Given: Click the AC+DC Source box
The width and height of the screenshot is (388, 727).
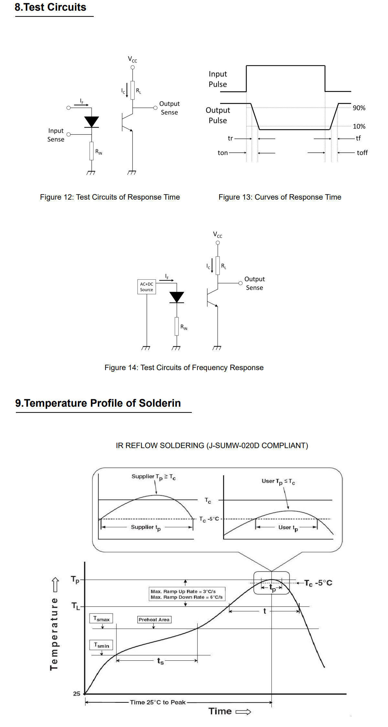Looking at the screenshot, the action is pyautogui.click(x=146, y=287).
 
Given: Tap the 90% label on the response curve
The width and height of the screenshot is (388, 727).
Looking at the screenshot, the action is pyautogui.click(x=359, y=108).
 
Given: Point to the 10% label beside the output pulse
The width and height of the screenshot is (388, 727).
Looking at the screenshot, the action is pyautogui.click(x=359, y=127).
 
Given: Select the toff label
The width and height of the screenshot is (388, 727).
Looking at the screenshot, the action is pyautogui.click(x=362, y=153).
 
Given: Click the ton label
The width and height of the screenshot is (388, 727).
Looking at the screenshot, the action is pyautogui.click(x=223, y=153).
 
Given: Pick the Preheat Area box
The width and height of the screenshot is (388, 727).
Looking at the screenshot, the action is pyautogui.click(x=154, y=620).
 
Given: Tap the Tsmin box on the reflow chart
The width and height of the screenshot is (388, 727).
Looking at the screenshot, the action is pyautogui.click(x=101, y=645).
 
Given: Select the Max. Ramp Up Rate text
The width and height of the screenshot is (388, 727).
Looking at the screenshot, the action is pyautogui.click(x=183, y=591).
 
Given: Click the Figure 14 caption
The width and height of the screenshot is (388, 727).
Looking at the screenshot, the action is pyautogui.click(x=184, y=368).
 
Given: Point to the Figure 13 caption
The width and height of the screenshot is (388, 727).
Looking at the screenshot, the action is pyautogui.click(x=280, y=197).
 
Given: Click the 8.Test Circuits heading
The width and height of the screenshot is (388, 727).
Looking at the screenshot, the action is pyautogui.click(x=50, y=7).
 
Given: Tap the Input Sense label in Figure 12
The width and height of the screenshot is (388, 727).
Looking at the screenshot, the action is pyautogui.click(x=56, y=135).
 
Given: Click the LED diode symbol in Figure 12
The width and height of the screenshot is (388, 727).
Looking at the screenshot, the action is pyautogui.click(x=92, y=122).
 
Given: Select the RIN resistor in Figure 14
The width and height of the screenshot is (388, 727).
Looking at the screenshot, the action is pyautogui.click(x=177, y=326).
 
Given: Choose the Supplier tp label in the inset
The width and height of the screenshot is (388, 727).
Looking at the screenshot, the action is pyautogui.click(x=146, y=527).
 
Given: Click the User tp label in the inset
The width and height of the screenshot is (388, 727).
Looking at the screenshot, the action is pyautogui.click(x=288, y=528).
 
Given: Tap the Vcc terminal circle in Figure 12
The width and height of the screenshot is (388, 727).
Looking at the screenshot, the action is pyautogui.click(x=133, y=67).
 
